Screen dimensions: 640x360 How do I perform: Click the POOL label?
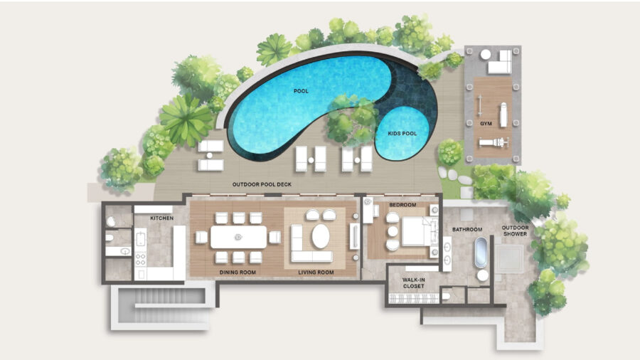pos(301,91)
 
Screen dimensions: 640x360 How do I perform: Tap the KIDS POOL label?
pos(402,134)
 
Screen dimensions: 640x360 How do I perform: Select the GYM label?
pos(486,123)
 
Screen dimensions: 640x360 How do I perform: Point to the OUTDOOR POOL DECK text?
pos(262,184)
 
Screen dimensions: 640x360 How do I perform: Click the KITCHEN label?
pos(161,218)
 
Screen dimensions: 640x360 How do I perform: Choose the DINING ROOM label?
pos(238,272)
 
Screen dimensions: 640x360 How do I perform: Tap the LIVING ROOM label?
pos(316,272)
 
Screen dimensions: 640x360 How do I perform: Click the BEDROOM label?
pos(402,205)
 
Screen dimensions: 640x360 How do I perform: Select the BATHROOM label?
pos(467,229)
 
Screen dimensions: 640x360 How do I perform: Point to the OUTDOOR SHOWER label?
pos(515,231)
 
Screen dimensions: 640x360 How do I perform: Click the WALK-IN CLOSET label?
pos(413,283)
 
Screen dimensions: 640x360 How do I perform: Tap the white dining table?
pos(238,237)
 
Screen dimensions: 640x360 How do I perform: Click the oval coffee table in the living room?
pos(321,236)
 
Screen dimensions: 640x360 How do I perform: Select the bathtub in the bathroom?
pos(481,253)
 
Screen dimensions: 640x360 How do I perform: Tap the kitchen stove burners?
pos(140,259)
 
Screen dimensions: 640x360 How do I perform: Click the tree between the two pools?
pos(352,120)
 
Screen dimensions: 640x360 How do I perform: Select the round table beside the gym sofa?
pos(485,54)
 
